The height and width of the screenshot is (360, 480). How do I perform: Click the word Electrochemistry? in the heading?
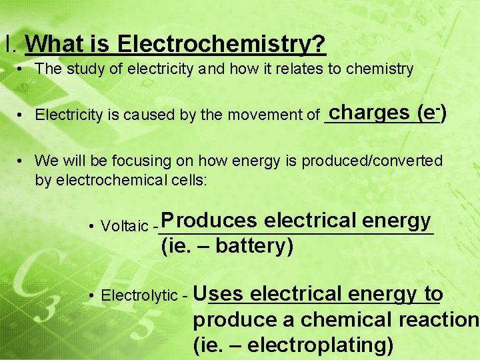pyautogui.click(x=221, y=45)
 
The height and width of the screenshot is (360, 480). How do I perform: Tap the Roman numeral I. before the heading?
pyautogui.click(x=10, y=45)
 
